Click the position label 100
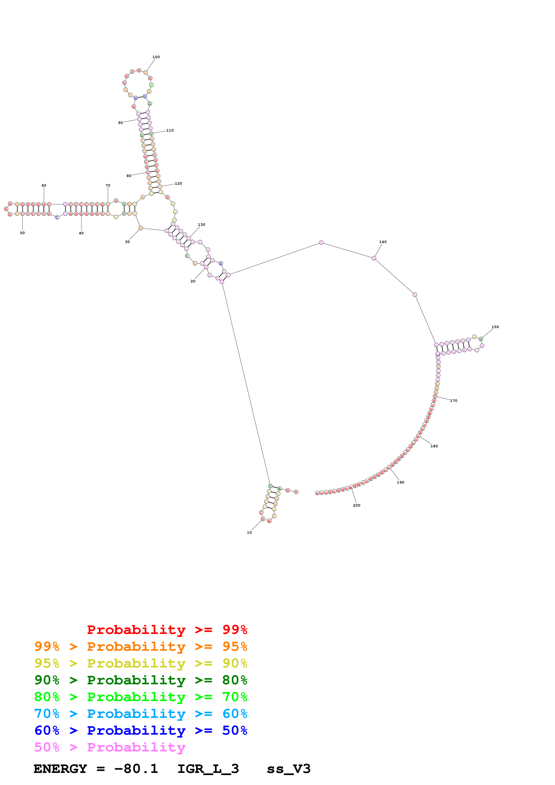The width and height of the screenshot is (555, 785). click(156, 57)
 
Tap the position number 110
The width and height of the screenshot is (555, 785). click(170, 130)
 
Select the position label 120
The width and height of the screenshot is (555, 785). click(178, 183)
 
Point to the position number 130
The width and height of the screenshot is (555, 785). click(201, 225)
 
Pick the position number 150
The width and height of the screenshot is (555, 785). click(495, 327)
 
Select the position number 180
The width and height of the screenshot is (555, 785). click(434, 446)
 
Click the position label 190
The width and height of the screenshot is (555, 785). click(401, 482)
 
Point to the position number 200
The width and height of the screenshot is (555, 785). click(357, 505)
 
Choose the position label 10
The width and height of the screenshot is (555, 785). click(249, 532)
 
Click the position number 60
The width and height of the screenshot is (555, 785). click(44, 185)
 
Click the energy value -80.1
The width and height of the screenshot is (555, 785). click(136, 769)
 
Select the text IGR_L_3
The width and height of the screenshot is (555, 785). click(208, 769)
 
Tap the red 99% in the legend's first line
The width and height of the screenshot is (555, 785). click(235, 629)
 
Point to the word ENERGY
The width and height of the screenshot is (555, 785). click(60, 769)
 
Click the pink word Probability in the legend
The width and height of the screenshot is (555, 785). click(136, 747)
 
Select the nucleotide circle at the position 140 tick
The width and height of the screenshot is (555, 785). click(374, 258)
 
